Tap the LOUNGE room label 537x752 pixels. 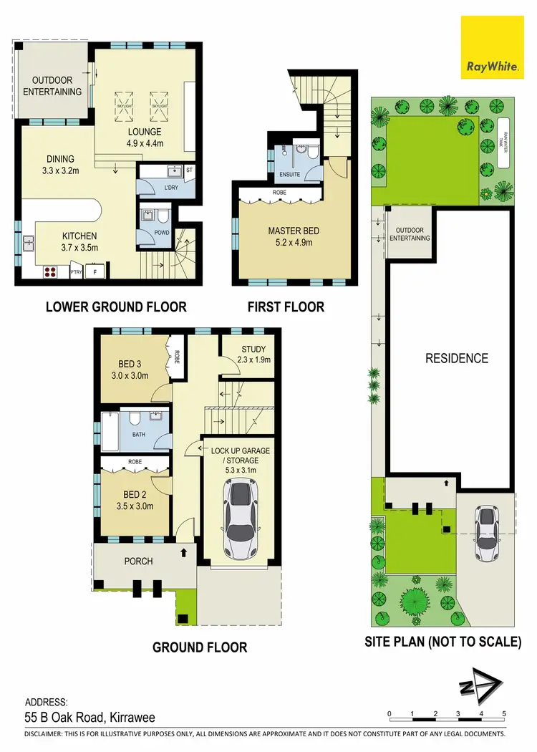tap(145, 132)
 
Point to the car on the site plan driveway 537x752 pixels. tap(487, 527)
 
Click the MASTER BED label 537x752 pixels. tap(294, 231)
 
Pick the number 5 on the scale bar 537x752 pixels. tap(504, 714)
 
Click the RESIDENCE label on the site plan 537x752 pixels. tap(456, 358)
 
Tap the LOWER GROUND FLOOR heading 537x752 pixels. tap(116, 307)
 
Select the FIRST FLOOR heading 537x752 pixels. tap(286, 307)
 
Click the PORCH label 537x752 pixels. tap(138, 561)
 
